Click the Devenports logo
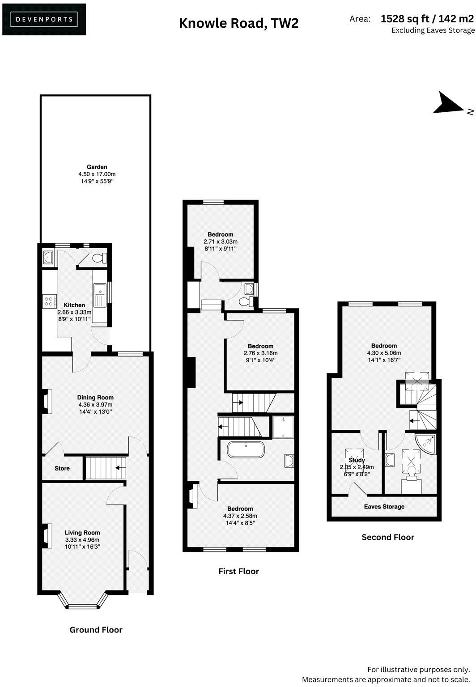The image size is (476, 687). (x=44, y=19)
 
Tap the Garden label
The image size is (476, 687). (x=97, y=167)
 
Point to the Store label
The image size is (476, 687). (x=62, y=468)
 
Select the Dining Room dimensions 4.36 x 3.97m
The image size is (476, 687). (x=95, y=404)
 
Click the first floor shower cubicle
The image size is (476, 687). (x=283, y=427)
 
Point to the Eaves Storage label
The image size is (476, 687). (x=384, y=507)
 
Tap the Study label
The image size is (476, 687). (x=357, y=460)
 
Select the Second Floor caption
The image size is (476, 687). (x=387, y=537)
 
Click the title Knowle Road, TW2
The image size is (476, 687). (x=238, y=23)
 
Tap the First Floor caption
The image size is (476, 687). (x=238, y=571)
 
